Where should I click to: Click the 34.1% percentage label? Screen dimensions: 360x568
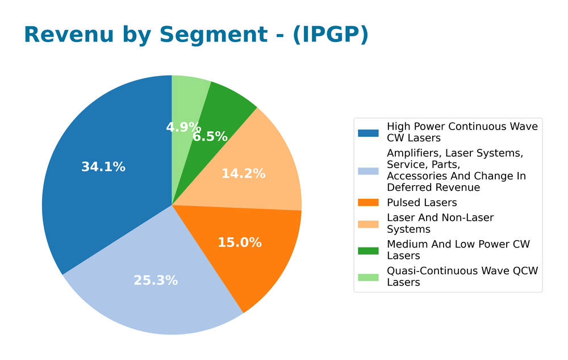click(x=103, y=167)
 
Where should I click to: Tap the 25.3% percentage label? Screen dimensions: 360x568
click(x=156, y=281)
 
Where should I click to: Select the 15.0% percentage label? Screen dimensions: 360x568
click(x=240, y=242)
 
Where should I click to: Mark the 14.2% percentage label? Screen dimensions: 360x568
click(x=243, y=174)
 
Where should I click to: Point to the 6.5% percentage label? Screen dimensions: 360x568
click(x=210, y=137)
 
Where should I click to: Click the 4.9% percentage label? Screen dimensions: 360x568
click(x=183, y=127)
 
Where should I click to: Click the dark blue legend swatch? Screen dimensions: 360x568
click(x=368, y=133)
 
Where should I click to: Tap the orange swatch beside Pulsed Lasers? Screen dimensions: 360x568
click(x=368, y=203)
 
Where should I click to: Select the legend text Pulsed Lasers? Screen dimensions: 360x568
click(x=421, y=203)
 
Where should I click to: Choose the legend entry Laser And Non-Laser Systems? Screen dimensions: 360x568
click(x=440, y=223)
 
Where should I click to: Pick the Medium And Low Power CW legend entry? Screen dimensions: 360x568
click(x=458, y=250)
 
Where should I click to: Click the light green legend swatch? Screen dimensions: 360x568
click(x=368, y=277)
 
